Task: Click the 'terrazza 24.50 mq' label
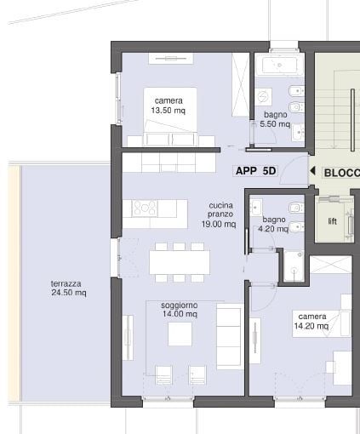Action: pos(67,288)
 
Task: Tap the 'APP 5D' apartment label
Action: pos(255,171)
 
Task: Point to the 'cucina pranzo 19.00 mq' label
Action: pos(218,215)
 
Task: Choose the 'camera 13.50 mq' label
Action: pos(169,106)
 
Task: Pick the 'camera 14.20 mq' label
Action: pos(311,320)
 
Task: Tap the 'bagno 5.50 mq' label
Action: pos(275,119)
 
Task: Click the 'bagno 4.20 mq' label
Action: pos(275,224)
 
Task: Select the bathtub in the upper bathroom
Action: pos(278,66)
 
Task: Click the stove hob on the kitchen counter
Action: pos(142,208)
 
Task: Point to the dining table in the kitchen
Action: pos(179,261)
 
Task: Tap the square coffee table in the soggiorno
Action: pos(180,334)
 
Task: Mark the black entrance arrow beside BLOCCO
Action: pos(312,172)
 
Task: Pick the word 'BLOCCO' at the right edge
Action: pos(341,173)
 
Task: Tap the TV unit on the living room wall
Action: pos(129,338)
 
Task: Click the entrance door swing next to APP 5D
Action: pos(294,167)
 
